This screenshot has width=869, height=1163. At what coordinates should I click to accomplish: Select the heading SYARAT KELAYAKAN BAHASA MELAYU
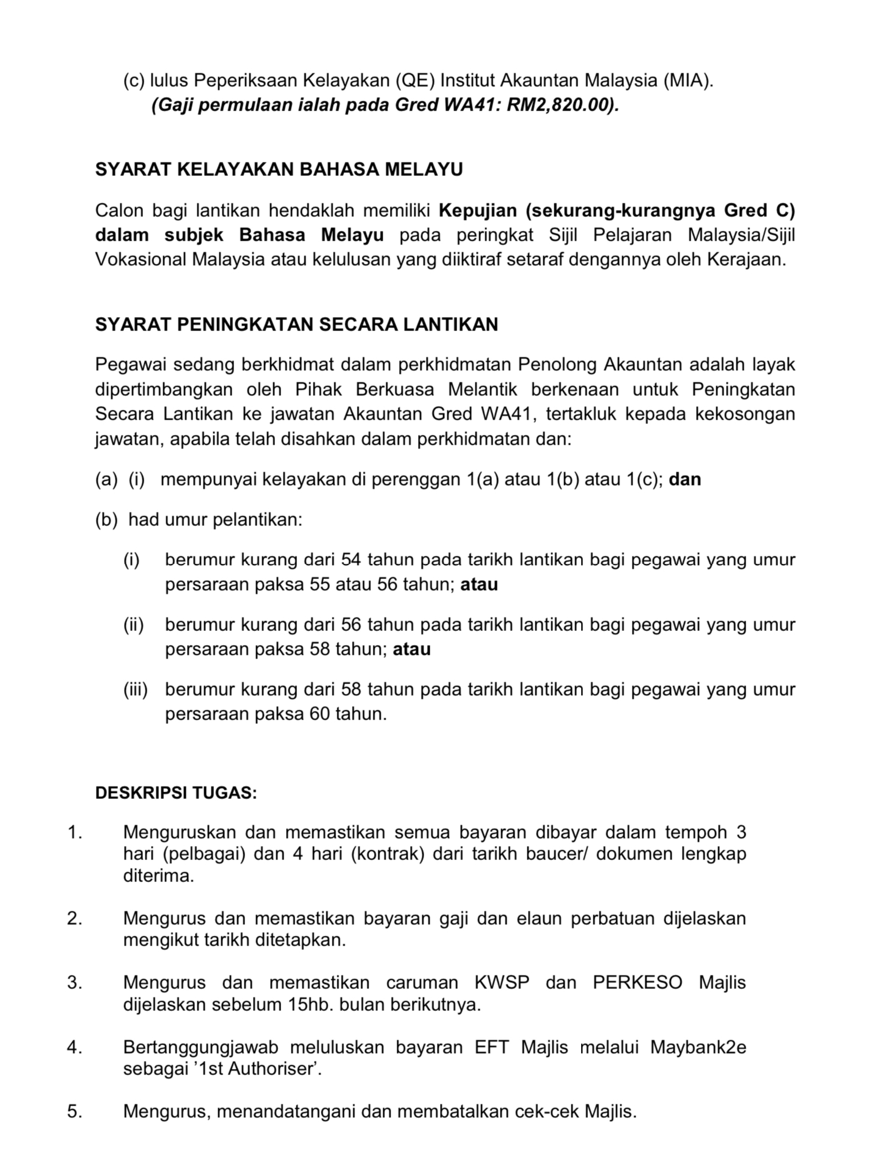(x=279, y=169)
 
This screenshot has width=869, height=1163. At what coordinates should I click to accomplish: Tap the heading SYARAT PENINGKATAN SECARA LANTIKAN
(x=296, y=324)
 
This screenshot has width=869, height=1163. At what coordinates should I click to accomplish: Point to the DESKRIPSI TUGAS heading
(x=176, y=793)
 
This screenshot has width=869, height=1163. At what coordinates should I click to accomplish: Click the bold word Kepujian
(x=478, y=211)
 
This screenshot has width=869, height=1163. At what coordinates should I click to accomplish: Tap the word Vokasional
(x=141, y=259)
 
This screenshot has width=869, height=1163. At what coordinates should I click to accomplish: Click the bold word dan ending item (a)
(x=685, y=479)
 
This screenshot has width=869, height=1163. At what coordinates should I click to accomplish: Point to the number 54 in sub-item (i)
(x=351, y=560)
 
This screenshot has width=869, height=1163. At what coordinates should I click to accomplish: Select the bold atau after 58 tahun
(x=411, y=649)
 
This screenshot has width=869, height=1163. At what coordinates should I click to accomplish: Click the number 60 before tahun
(x=320, y=713)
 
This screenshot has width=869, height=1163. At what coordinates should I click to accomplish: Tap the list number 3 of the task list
(x=74, y=983)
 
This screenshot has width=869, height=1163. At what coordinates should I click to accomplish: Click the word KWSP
(x=501, y=983)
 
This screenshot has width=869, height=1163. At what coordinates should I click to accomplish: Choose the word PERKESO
(x=637, y=983)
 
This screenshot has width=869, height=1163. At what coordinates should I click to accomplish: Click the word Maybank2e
(x=698, y=1048)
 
